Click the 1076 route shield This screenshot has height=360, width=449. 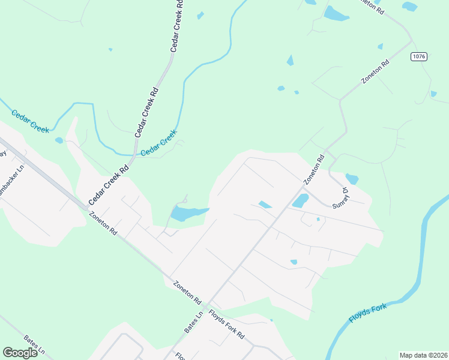(x=419, y=56)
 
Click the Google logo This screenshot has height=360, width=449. (x=20, y=353)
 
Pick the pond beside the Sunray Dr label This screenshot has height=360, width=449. (x=352, y=179)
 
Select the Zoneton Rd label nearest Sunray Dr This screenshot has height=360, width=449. (x=313, y=170)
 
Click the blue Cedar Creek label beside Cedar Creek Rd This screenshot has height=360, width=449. (x=159, y=144)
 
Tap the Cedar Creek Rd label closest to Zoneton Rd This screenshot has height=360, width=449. (x=109, y=185)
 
